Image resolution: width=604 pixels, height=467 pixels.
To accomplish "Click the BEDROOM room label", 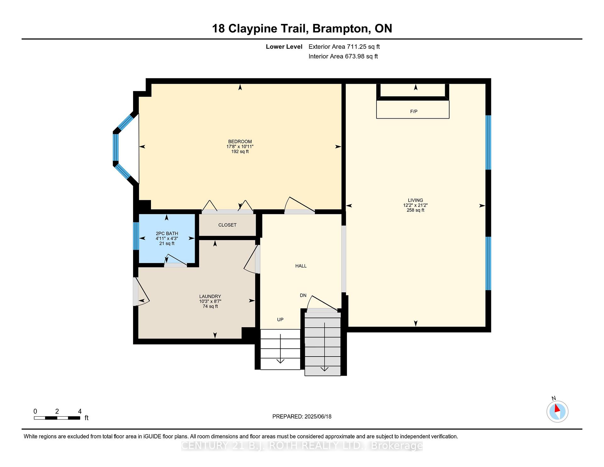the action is tap(240, 142).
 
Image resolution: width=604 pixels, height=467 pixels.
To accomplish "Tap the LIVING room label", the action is tap(415, 200).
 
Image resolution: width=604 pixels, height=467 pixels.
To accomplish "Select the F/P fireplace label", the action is tap(414, 111).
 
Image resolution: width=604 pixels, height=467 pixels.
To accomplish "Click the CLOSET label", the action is tap(227, 225).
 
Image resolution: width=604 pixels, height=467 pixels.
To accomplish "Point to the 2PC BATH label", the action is tap(167, 233).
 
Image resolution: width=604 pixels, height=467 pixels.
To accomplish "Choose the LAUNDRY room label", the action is tap(210, 296).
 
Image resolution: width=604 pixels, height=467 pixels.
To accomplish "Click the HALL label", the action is tap(301, 266).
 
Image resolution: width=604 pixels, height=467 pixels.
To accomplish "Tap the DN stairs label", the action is tap(303, 295).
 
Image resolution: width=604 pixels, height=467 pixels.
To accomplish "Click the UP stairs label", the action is tap(280, 320).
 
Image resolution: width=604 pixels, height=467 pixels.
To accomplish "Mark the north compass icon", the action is tap(557, 411).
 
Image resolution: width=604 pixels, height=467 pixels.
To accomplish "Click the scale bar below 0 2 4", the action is tap(57, 418).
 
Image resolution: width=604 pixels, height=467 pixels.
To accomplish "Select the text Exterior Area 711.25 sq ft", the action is tap(344, 47).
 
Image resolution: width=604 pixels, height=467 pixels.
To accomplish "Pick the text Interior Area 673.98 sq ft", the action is tap(343, 56).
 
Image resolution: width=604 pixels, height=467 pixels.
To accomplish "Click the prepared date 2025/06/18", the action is tap(318, 416).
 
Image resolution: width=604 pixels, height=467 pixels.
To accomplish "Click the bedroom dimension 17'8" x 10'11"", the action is tap(240, 147).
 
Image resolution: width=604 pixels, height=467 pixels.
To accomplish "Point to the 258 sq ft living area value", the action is tap(415, 210).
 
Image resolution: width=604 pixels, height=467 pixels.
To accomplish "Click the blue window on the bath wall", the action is tap(136, 236).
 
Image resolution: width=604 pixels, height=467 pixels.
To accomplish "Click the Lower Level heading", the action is tap(284, 47).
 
